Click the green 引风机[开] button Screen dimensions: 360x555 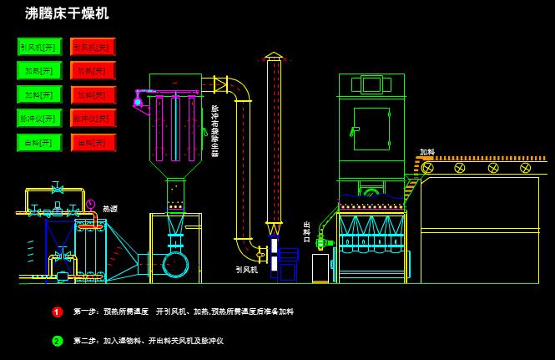39,47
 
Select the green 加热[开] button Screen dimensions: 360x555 39,71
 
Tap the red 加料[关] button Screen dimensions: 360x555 93,94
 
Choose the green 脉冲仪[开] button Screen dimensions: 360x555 39,119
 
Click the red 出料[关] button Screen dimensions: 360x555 93,143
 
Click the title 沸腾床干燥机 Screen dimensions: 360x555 67,13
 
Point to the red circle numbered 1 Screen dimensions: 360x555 58,312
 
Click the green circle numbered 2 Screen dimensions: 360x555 58,341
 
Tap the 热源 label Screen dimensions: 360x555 110,209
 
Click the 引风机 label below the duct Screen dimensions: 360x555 246,270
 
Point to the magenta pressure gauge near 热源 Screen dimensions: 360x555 90,204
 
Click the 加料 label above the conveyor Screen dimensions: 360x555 427,153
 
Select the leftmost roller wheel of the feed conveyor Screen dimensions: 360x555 428,168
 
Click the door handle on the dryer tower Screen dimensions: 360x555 355,130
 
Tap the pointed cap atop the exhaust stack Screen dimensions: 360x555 274,56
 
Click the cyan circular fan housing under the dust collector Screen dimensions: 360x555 175,264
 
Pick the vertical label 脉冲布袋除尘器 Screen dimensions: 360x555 214,130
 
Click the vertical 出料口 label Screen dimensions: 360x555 306,232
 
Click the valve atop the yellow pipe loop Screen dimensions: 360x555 57,189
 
